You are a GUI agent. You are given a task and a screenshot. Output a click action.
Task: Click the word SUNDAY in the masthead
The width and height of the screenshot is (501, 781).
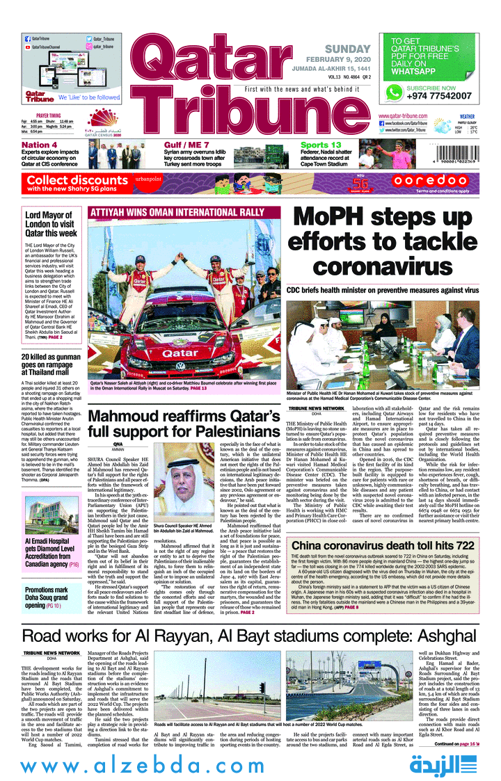point(347,49)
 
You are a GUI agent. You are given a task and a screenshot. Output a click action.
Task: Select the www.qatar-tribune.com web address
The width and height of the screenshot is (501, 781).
point(403,115)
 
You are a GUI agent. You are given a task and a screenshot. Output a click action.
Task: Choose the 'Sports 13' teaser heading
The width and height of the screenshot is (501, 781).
point(321,145)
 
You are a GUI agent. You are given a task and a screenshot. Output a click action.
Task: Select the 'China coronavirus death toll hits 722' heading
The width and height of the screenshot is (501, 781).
point(383,546)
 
